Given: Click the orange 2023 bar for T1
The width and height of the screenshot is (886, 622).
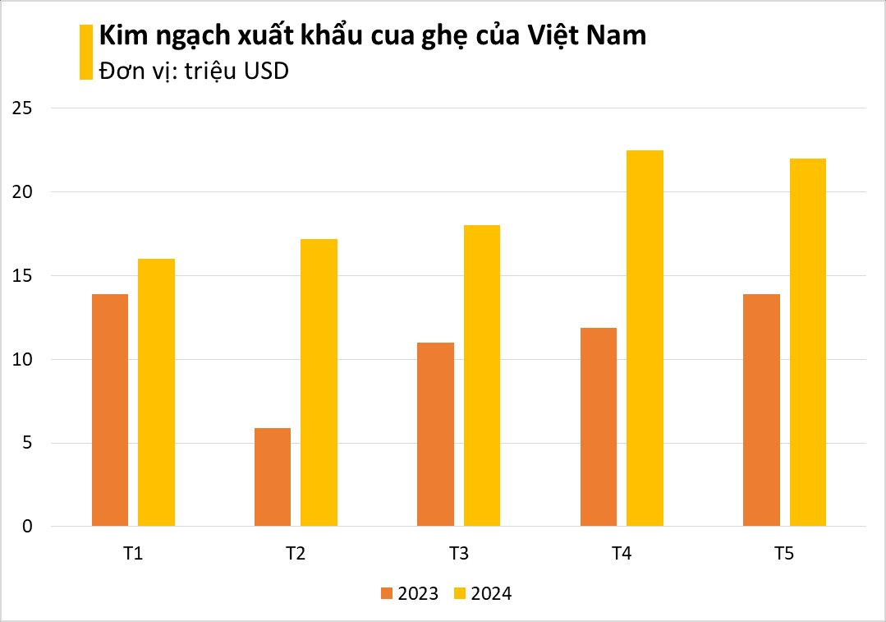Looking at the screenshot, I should tap(110, 410).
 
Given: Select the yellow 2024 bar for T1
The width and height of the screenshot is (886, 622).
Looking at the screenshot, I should tap(156, 393).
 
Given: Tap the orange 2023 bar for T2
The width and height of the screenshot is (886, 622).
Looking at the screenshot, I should tap(273, 477).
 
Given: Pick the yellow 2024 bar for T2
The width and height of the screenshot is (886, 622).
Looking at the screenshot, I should tap(319, 383).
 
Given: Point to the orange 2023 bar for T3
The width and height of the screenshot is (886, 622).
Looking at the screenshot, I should tap(435, 434).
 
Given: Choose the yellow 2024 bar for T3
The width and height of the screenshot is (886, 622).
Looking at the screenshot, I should tap(481, 376).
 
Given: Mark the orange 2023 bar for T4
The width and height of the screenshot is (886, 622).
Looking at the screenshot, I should tap(598, 426).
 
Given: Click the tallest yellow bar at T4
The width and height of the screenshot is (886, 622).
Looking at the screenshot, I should tap(645, 338).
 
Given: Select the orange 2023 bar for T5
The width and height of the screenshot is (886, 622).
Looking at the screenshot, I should tap(761, 410).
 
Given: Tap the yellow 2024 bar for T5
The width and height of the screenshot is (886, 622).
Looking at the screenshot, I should tap(807, 342).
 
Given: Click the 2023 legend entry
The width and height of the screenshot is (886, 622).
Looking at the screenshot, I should tap(409, 593).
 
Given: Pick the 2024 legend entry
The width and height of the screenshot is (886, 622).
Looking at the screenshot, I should tap(483, 593).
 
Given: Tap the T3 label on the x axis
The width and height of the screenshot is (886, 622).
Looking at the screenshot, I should tap(459, 554).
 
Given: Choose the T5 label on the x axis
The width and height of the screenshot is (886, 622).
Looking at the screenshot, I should tap(784, 554).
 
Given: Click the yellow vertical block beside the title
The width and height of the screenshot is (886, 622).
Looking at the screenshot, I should tap(85, 53).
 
